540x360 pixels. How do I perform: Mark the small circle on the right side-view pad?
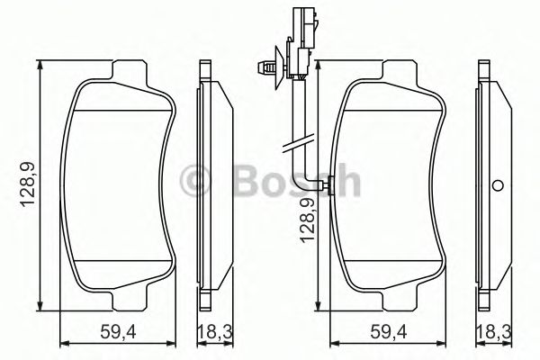(498, 187)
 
